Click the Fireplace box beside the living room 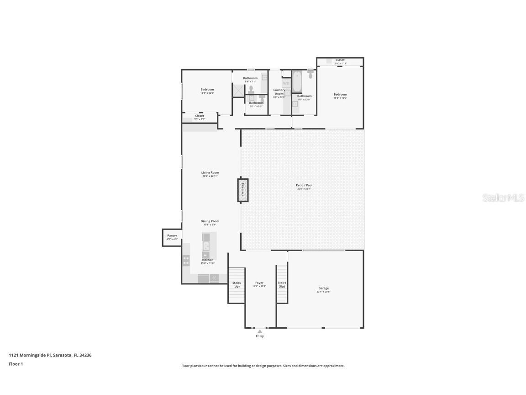coord(243,190)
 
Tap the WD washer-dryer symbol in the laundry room coord(286,83)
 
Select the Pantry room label coord(172,236)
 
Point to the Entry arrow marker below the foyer coord(259,331)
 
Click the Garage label coord(323,288)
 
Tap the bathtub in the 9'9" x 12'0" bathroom coord(297,82)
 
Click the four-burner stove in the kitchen coord(186,261)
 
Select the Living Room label coord(210,173)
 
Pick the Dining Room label coord(210,221)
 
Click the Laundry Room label coord(279,91)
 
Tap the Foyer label coord(259,283)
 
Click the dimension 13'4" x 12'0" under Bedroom coord(207,93)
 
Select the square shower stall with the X coord(238,90)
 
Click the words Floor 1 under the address coord(16,364)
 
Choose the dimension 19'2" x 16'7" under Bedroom coord(340,98)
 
